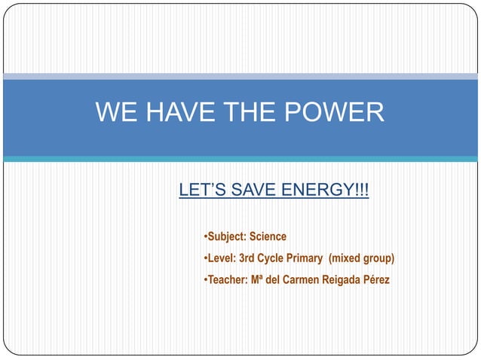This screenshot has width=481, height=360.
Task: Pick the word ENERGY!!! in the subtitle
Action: coord(325,191)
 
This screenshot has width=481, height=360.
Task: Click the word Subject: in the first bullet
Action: coord(228,237)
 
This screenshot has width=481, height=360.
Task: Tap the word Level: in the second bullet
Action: coord(222,259)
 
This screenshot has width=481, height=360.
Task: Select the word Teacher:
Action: coord(227,281)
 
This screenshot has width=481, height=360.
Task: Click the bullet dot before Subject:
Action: coord(206,237)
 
